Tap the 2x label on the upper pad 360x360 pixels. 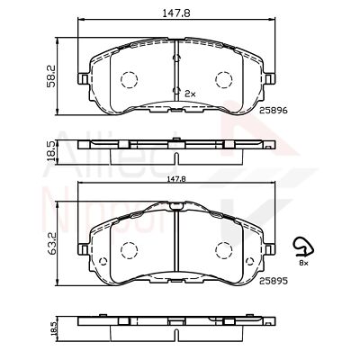click(190, 94)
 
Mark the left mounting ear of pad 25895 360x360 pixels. click(85, 245)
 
